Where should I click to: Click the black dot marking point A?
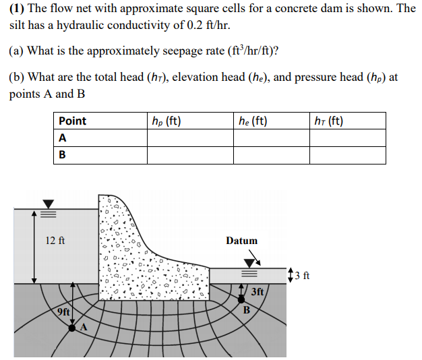(x=72, y=328)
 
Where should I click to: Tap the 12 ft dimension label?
(x=55, y=241)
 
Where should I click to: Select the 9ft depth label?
(x=63, y=311)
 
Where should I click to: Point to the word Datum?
(x=242, y=241)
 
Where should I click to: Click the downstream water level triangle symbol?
(x=251, y=263)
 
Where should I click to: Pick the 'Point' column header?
(x=72, y=121)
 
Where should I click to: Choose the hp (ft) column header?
(x=166, y=121)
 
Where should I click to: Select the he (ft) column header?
(x=253, y=121)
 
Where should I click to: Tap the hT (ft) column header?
(x=329, y=121)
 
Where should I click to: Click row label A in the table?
(x=63, y=138)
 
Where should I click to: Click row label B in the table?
(x=63, y=154)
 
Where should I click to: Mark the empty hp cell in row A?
(x=190, y=138)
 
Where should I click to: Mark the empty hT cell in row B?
(x=347, y=155)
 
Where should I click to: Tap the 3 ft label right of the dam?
(x=303, y=274)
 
